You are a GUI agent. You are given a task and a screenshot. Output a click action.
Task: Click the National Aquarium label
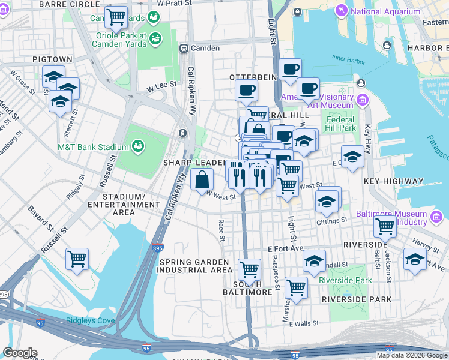385,11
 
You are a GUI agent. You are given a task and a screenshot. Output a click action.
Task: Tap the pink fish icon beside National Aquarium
342,11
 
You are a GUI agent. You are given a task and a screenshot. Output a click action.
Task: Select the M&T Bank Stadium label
93,147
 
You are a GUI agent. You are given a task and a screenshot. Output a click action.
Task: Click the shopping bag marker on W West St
202,179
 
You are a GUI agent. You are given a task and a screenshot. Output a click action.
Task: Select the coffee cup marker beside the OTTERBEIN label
246,91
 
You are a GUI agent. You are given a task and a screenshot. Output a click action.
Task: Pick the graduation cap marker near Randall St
314,261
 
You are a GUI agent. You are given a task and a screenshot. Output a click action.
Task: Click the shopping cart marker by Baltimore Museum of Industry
385,227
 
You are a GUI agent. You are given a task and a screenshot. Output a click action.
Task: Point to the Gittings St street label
336,220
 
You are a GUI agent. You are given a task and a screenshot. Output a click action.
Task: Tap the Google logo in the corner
20,353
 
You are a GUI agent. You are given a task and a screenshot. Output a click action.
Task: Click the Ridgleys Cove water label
90,320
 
